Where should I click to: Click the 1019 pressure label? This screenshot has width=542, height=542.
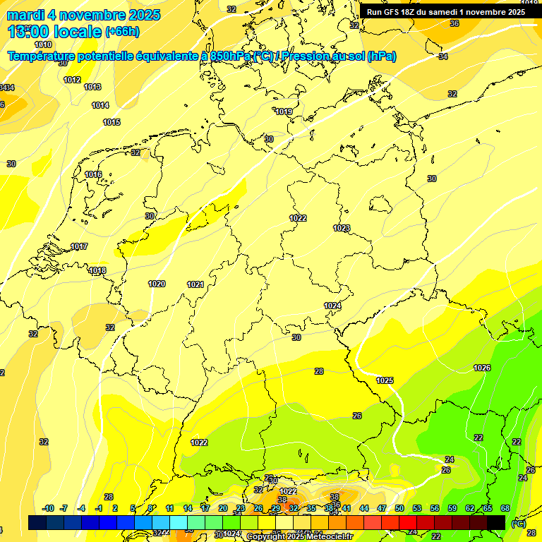tap(284, 112)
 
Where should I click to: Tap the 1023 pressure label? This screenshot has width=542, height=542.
tap(342, 228)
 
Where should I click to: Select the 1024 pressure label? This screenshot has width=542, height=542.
tap(332, 306)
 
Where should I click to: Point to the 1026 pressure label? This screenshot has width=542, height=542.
tap(482, 368)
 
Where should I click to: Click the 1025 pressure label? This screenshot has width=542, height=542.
tap(385, 380)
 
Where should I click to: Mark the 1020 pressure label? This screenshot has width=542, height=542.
tap(157, 284)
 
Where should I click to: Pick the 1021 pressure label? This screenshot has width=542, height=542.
tap(195, 284)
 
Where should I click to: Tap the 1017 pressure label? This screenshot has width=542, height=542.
tap(79, 246)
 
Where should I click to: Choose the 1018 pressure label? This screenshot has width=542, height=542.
tap(97, 271)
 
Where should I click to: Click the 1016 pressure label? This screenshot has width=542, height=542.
tap(93, 174)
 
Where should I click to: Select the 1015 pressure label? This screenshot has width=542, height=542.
tap(112, 122)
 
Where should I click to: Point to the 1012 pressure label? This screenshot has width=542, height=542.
tap(72, 80)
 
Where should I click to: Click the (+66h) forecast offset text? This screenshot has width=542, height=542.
tap(122, 32)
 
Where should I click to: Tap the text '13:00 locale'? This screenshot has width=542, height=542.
tap(55, 32)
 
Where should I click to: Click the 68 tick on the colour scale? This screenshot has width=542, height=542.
tap(505, 508)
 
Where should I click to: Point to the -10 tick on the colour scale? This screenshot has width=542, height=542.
tap(49, 508)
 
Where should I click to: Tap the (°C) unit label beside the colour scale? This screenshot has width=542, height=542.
tap(518, 523)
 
